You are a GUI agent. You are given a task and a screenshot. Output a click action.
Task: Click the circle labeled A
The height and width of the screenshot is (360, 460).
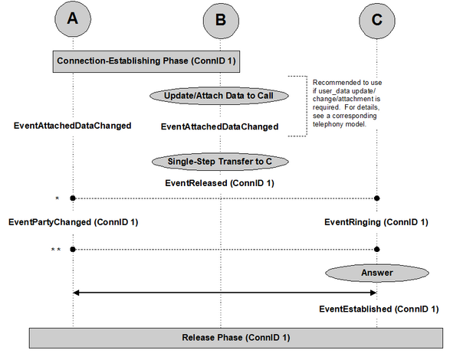[73, 18]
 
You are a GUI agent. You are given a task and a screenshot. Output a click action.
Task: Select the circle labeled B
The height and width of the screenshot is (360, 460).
[221, 21]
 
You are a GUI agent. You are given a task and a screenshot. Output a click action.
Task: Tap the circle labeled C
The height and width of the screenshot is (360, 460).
[377, 21]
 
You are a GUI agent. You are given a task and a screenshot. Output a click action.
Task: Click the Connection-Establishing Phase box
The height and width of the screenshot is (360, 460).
[146, 61]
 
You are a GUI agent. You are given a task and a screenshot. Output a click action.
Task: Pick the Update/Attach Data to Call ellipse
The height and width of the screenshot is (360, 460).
[219, 96]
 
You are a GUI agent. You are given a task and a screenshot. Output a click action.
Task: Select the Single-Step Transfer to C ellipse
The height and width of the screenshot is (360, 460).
[220, 162]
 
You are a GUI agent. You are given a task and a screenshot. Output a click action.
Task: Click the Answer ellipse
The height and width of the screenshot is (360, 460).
[377, 273]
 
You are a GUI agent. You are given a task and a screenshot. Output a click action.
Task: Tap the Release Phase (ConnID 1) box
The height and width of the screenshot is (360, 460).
[236, 338]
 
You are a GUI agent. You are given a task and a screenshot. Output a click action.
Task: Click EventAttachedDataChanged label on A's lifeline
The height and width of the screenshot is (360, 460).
[73, 126]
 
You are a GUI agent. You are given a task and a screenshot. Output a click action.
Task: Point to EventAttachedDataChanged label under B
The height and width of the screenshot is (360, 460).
[219, 126]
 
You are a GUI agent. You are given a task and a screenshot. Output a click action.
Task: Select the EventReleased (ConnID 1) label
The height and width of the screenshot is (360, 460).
[219, 183]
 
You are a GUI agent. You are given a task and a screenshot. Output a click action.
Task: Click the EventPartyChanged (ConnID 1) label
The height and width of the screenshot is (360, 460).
[73, 222]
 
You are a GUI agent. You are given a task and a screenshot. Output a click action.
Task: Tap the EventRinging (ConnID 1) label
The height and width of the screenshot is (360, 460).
[376, 222]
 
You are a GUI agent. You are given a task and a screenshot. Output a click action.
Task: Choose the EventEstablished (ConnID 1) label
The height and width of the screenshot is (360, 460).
[379, 309]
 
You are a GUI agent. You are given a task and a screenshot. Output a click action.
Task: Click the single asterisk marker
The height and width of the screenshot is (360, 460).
[58, 198]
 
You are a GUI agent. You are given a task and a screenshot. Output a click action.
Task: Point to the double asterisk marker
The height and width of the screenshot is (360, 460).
[56, 250]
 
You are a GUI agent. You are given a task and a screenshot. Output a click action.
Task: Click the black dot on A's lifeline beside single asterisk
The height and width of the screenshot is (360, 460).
[73, 198]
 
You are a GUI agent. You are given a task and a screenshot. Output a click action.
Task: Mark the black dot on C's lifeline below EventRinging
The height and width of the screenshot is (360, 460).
[377, 250]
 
